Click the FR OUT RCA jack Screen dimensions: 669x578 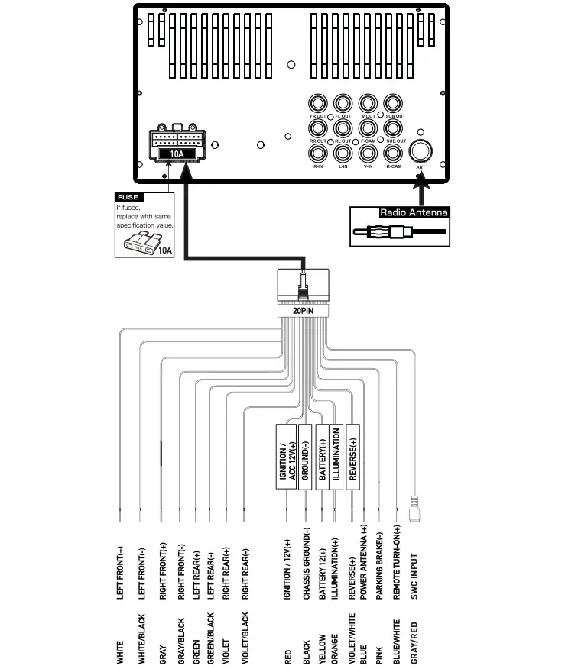[318, 104]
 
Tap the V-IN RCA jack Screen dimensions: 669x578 [368, 152]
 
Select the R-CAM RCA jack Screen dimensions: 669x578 [393, 152]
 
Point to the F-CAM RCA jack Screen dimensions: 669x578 [368, 128]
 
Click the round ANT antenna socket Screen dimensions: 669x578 [421, 150]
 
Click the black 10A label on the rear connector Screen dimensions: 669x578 [177, 154]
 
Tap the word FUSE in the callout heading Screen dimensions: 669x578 [128, 197]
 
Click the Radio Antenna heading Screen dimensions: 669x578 [413, 213]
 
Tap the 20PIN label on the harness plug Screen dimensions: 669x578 [304, 311]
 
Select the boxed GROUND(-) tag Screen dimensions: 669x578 [305, 456]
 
